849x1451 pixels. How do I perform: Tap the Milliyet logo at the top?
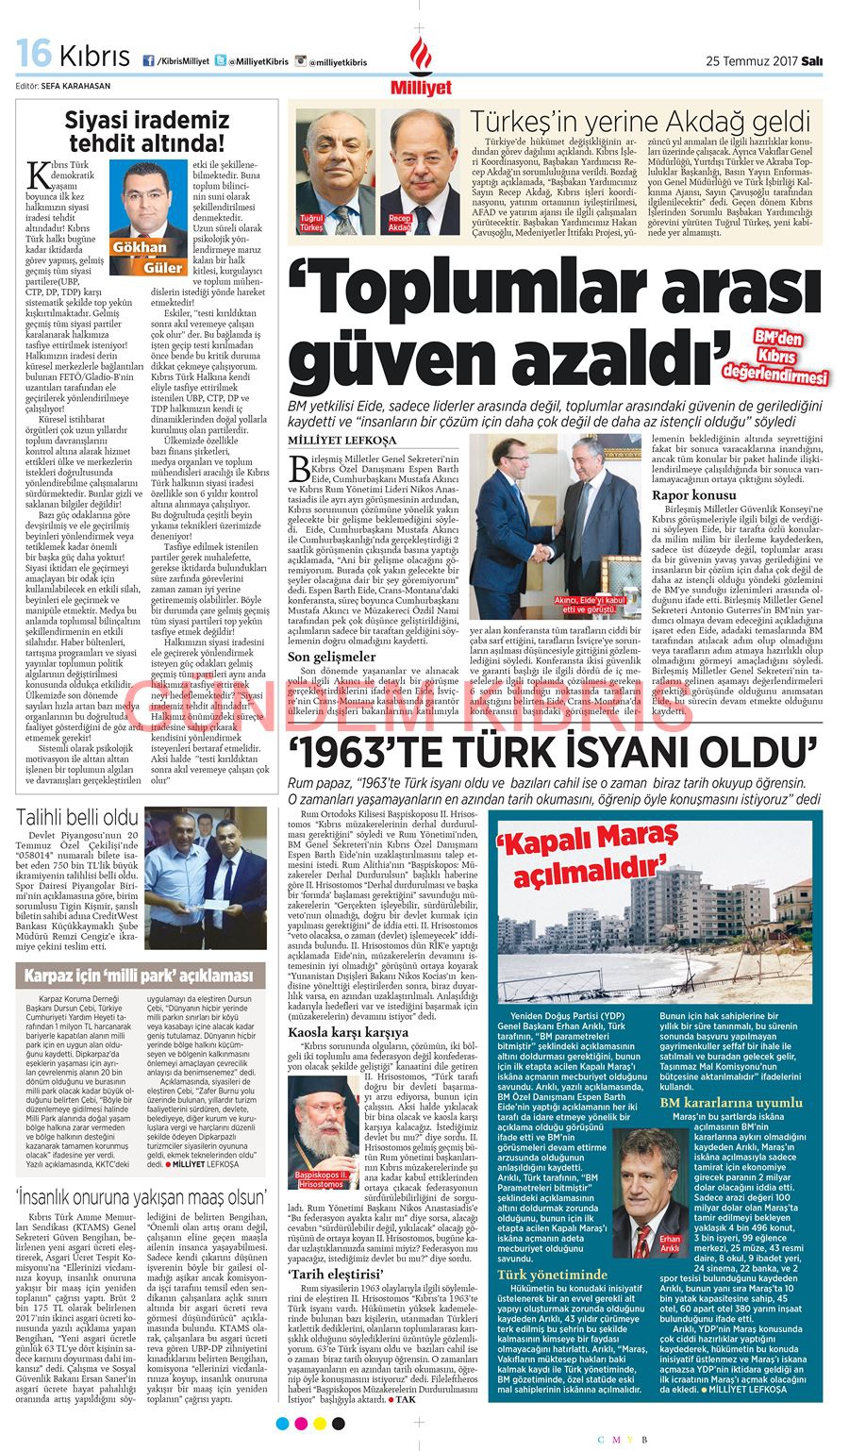coord(421,68)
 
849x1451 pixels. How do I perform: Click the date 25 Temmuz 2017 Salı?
coord(764,62)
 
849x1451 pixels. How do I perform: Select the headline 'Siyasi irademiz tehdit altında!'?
coord(146,131)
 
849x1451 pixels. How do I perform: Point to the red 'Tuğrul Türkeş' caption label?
coord(311,224)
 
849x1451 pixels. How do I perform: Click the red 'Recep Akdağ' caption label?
coord(401,224)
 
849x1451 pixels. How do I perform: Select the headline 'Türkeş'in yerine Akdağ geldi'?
coord(641,121)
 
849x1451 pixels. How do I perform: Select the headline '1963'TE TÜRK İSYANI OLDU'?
coord(553,752)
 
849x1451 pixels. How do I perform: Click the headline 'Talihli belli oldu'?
coord(78,817)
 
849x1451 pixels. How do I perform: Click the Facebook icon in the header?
coord(148,61)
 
